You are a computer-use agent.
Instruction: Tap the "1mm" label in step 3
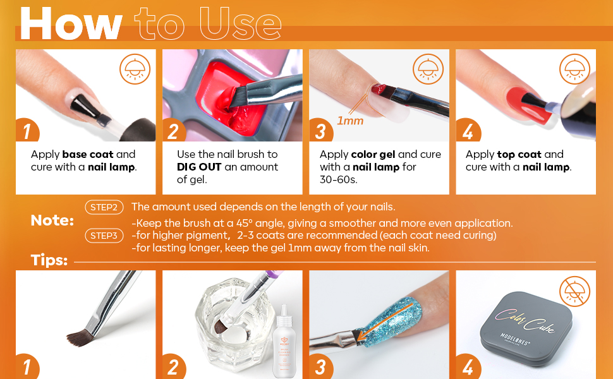click(349, 120)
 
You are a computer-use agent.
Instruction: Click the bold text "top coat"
click(519, 154)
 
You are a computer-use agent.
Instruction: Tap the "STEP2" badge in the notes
click(104, 207)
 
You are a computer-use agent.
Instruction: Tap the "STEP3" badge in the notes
click(104, 236)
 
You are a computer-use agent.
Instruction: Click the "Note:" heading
click(52, 220)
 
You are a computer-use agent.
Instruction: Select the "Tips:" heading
click(49, 260)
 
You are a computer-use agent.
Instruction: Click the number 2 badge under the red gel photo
click(174, 131)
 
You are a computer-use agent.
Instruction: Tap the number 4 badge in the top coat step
click(467, 131)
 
